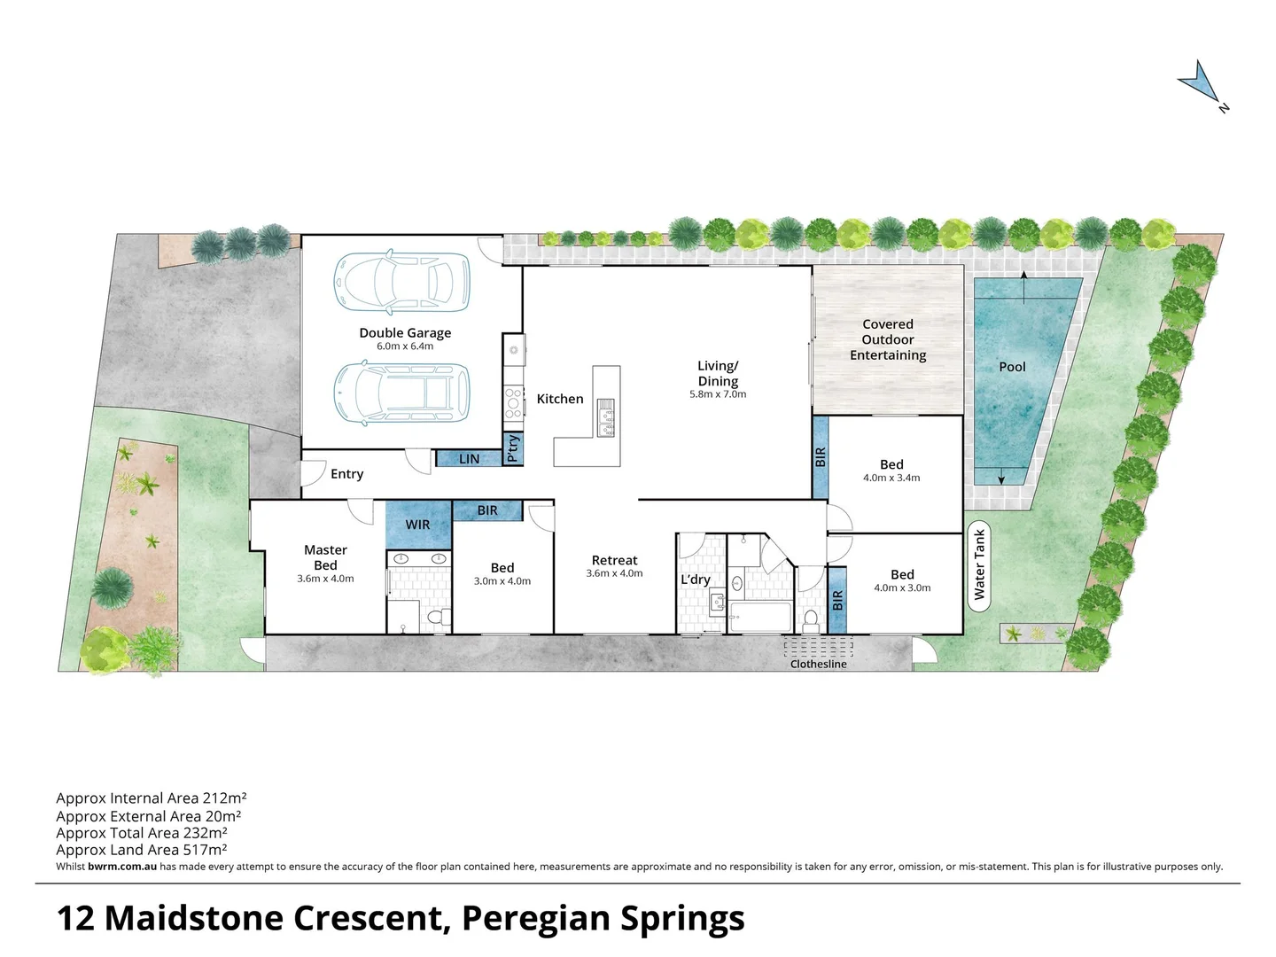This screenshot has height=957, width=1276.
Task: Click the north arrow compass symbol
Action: pyautogui.click(x=1201, y=83)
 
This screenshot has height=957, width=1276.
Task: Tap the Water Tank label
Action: pyautogui.click(x=979, y=564)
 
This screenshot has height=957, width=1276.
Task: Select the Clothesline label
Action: pyautogui.click(x=818, y=664)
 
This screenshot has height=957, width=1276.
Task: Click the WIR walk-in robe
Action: pyautogui.click(x=417, y=525)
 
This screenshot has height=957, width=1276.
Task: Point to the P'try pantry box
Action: pyautogui.click(x=513, y=448)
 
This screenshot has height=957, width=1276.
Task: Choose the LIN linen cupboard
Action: pyautogui.click(x=469, y=459)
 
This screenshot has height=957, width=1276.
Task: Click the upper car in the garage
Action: pyautogui.click(x=401, y=283)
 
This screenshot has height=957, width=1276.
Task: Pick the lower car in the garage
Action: pyautogui.click(x=401, y=393)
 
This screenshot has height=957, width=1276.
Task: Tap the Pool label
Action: pyautogui.click(x=1012, y=367)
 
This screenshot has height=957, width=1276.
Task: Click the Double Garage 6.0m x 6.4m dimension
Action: pyautogui.click(x=405, y=346)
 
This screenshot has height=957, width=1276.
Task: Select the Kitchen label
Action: pyautogui.click(x=560, y=399)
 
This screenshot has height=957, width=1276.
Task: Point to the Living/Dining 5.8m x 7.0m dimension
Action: pyautogui.click(x=718, y=394)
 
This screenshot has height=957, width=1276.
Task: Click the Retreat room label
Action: pyautogui.click(x=614, y=560)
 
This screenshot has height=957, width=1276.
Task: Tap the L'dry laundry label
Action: pyautogui.click(x=696, y=580)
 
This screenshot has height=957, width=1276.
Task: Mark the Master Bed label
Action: pyautogui.click(x=325, y=557)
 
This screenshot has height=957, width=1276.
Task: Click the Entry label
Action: pyautogui.click(x=346, y=474)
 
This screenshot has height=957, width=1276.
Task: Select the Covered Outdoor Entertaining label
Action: pyautogui.click(x=888, y=339)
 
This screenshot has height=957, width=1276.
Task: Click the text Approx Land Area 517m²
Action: pyautogui.click(x=142, y=850)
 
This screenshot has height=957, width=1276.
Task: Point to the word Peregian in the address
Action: pyautogui.click(x=534, y=918)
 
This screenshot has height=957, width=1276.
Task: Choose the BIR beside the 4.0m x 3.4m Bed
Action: pyautogui.click(x=821, y=457)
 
